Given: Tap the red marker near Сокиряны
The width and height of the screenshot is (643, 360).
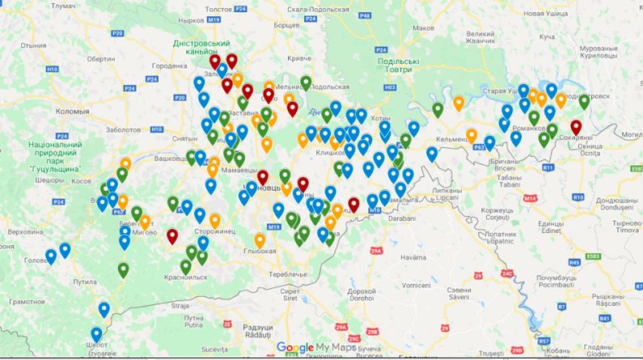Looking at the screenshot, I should click(x=576, y=128).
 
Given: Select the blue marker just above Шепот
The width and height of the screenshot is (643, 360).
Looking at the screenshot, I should click(x=97, y=334).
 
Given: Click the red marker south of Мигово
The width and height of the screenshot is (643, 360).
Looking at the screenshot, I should click(x=171, y=236).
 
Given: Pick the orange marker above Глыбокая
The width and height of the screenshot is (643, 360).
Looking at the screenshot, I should click(x=260, y=239).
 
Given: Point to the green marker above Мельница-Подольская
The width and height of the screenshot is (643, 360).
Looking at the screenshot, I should click(x=306, y=83).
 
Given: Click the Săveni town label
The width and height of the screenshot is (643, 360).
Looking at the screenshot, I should click(x=459, y=294).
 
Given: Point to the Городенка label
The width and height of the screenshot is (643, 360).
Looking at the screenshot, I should click(x=169, y=66).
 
